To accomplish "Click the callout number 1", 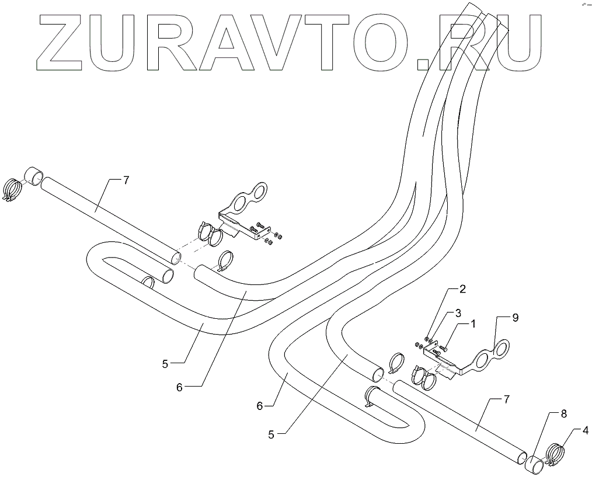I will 473,323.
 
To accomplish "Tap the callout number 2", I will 462,288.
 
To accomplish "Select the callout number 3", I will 458,312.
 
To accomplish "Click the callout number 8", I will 563,413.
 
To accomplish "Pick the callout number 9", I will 515,318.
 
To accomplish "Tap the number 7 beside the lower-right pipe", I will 506,399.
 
